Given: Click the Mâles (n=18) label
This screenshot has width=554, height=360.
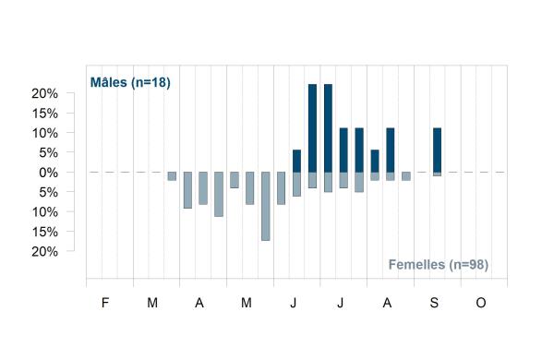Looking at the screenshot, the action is click(130, 83).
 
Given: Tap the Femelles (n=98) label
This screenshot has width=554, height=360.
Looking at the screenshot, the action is click(439, 265).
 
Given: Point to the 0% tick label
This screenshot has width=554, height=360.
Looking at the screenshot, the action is click(48, 173).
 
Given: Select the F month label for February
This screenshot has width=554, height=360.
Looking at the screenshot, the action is click(105, 303).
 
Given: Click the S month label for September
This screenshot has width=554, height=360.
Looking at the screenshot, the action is click(434, 303).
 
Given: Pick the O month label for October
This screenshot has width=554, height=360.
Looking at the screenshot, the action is click(481, 303).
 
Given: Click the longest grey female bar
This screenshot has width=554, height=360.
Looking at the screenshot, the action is click(266, 207).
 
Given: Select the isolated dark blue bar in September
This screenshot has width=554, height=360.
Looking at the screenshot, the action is click(437, 150).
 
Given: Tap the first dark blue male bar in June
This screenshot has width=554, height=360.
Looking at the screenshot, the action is click(296, 162).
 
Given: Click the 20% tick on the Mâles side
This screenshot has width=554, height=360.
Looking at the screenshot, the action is click(45, 93).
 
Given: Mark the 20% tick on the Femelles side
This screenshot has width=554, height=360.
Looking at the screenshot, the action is click(45, 252).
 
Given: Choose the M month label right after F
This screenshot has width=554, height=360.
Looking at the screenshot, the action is click(152, 303).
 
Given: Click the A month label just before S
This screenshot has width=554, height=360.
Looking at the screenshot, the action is click(387, 303).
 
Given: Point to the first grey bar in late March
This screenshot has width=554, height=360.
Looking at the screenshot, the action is click(172, 176).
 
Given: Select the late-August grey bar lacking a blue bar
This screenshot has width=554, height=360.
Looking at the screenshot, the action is click(406, 176).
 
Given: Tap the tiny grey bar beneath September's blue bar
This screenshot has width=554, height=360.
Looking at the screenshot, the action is click(437, 174).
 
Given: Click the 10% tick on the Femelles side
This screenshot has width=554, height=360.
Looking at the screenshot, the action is click(45, 212).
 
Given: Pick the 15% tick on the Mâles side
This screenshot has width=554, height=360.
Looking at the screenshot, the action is click(45, 114).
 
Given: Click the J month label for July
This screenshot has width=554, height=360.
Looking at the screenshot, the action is click(340, 303).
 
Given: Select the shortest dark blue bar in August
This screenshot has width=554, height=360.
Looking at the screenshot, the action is click(375, 162).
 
